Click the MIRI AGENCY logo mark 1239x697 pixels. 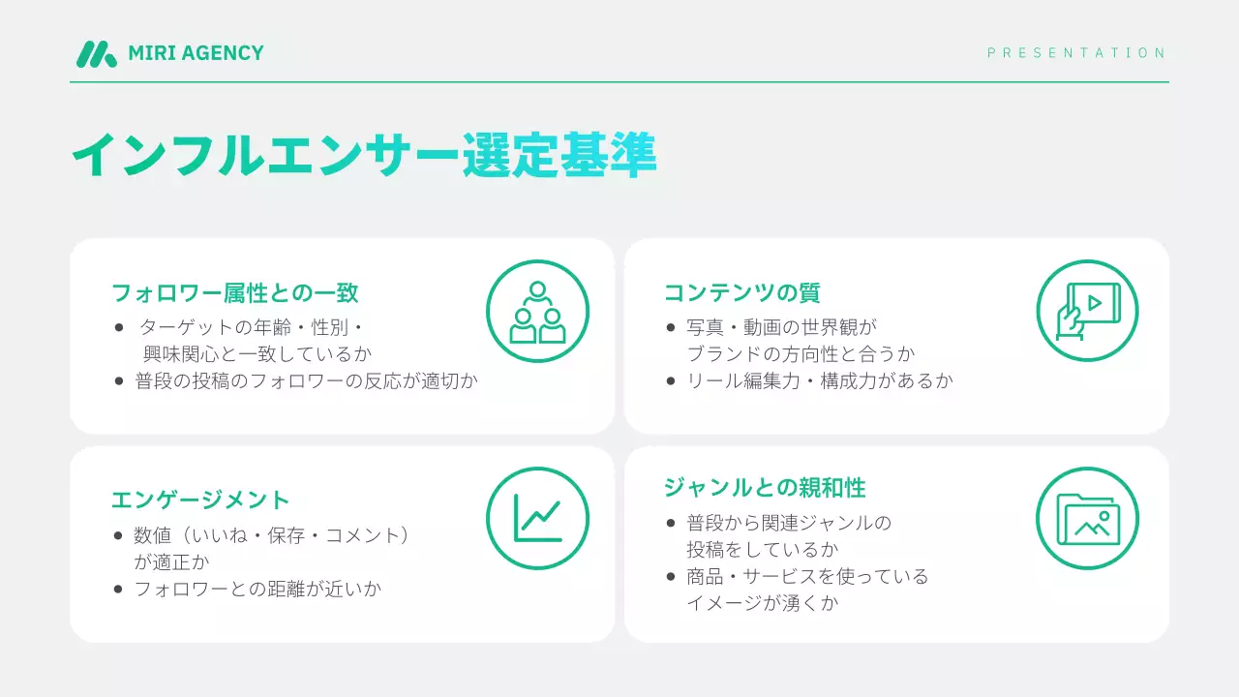(x=96, y=53)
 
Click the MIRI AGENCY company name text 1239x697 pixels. (x=196, y=53)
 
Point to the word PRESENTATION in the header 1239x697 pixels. (x=1076, y=53)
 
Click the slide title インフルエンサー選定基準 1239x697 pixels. (x=364, y=155)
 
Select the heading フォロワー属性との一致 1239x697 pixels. (x=235, y=292)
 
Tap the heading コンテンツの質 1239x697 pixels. (x=741, y=292)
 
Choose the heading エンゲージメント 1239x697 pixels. (x=200, y=500)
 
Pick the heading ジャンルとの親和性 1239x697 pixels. (x=765, y=486)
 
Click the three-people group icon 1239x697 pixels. (x=537, y=312)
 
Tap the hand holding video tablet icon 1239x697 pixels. (x=1087, y=312)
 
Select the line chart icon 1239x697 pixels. (x=537, y=518)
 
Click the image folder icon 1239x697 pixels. (x=1087, y=518)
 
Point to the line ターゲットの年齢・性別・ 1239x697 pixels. (x=251, y=327)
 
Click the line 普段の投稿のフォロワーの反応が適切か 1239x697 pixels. (x=306, y=380)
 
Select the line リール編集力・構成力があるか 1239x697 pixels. (x=820, y=380)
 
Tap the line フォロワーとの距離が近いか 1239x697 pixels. (x=257, y=588)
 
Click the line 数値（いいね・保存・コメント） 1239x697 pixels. (x=272, y=534)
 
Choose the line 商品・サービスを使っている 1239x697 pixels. (x=807, y=576)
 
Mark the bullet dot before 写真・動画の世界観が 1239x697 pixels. (x=671, y=328)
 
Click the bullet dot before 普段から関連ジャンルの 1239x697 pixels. (x=671, y=524)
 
